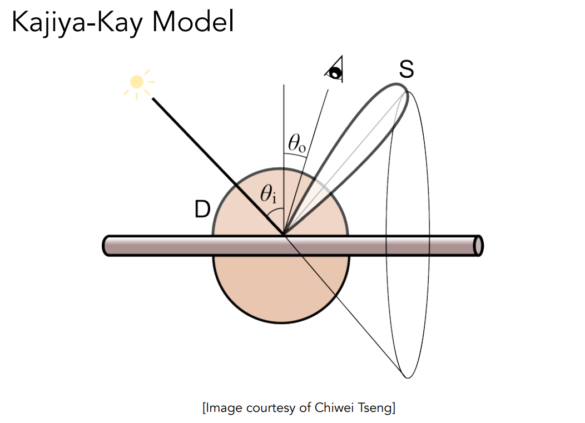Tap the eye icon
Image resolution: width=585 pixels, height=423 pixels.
[335, 71]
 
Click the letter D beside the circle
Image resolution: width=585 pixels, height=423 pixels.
[202, 209]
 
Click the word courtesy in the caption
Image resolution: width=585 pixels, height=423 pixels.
[265, 408]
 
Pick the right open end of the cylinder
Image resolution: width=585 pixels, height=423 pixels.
[478, 246]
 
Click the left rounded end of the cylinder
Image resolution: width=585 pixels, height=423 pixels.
[107, 246]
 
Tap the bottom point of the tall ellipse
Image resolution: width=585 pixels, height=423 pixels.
[408, 377]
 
